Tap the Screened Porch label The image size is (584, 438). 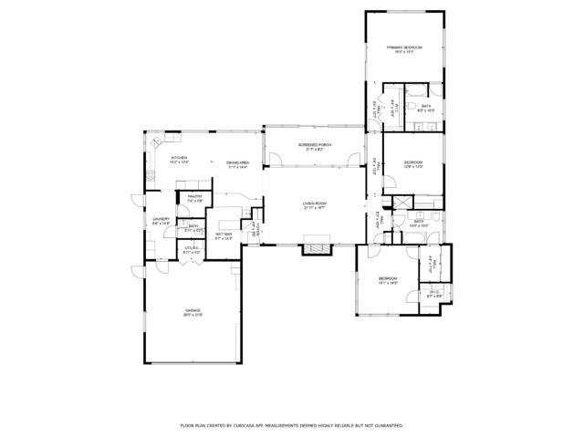[x=314, y=146]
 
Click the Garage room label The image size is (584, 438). [x=193, y=313]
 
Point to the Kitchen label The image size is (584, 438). [x=179, y=160]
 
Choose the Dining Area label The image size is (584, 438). [x=238, y=164]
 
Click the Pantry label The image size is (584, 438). [x=194, y=198]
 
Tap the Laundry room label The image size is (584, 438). [x=161, y=221]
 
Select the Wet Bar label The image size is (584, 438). [x=223, y=235]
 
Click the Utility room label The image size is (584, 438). [x=191, y=249]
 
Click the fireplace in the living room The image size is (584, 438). [x=317, y=245]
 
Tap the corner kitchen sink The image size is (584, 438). [x=156, y=141]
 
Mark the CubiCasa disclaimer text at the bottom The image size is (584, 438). [x=291, y=425]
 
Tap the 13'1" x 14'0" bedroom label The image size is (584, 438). [x=388, y=280]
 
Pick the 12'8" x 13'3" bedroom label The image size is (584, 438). [x=412, y=164]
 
